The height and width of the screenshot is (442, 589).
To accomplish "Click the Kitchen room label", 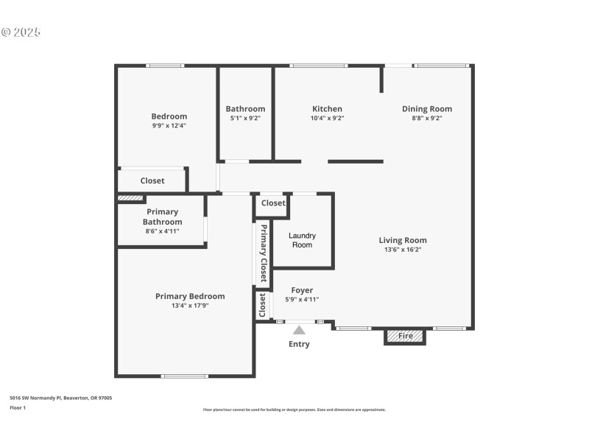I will tap(327, 109).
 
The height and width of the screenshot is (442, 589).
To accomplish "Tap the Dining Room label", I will tap(427, 109).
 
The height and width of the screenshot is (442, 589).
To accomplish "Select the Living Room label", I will tap(403, 240).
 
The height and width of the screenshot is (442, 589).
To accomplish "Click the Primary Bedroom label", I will tap(190, 296).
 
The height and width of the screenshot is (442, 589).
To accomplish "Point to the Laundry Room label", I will tap(302, 240).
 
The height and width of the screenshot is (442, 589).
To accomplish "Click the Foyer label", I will tap(302, 290).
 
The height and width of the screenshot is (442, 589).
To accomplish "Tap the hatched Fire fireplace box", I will tap(405, 336).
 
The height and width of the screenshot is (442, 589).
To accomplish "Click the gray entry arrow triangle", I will tap(299, 330).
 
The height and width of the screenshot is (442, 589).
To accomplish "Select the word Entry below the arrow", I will tap(299, 344).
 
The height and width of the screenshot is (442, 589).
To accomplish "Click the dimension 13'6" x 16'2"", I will tap(403, 250).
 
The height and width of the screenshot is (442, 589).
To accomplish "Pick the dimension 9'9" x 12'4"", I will tap(169, 125).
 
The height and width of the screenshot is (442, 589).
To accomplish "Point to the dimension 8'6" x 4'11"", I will tap(162, 231).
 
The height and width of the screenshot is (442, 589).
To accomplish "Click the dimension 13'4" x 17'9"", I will tap(190, 306).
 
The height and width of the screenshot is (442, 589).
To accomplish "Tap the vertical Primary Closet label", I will tap(263, 253).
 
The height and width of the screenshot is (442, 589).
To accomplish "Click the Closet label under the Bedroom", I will tap(152, 180).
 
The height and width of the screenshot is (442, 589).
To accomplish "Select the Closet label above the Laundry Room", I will tap(273, 203).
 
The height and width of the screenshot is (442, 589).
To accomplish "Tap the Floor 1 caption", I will tap(18, 407).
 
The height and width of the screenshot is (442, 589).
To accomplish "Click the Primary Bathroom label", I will tap(162, 217).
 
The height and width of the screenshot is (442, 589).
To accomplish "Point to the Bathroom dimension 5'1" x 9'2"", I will tap(245, 118).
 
